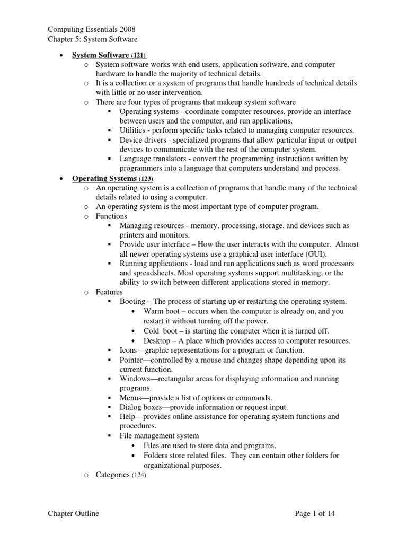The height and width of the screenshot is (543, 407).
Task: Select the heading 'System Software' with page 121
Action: [101, 55]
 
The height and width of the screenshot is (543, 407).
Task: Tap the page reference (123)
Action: [146, 179]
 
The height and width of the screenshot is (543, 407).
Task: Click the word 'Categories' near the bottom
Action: [112, 475]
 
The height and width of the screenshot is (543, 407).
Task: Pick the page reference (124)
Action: [138, 475]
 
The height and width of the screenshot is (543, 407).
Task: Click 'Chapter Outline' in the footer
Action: [73, 513]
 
